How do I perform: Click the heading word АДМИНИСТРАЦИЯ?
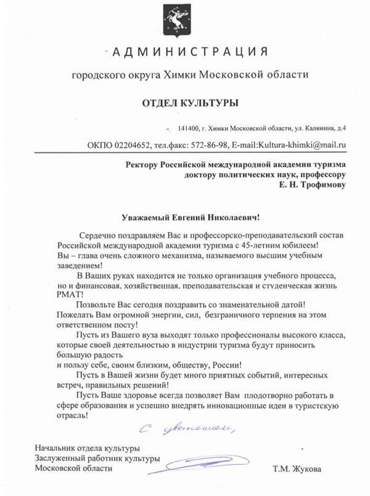pyautogui.click(x=189, y=51)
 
